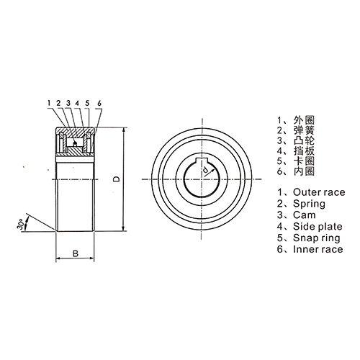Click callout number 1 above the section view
pyautogui.click(x=50, y=104)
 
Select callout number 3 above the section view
pyautogui.click(x=68, y=104)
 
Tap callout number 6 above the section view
pyautogui.click(x=98, y=104)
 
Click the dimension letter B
pyautogui.click(x=75, y=252)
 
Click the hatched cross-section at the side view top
pyautogui.click(x=75, y=135)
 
